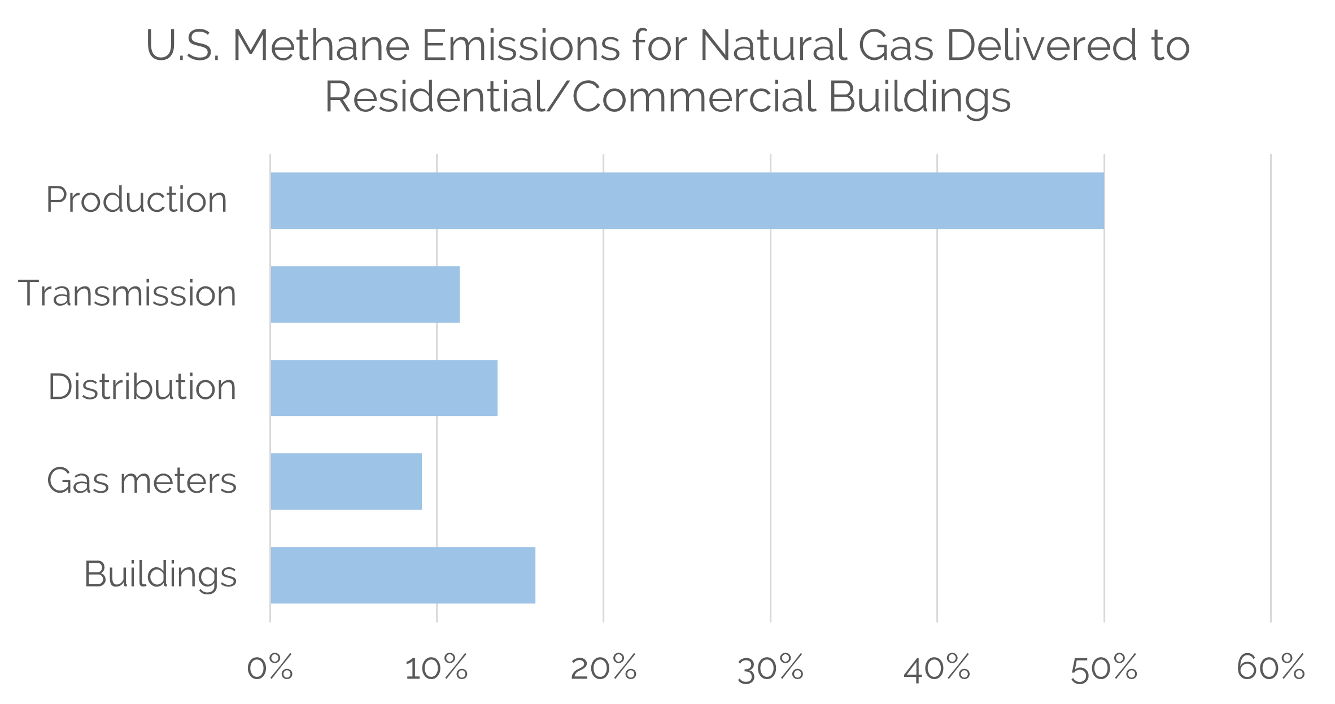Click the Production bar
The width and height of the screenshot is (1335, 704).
pos(687,201)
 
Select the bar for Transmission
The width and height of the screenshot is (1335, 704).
pos(365,294)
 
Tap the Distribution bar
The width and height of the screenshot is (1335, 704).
pos(384,388)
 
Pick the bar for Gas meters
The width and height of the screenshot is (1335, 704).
pos(346,481)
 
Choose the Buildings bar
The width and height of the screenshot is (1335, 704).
pos(403,575)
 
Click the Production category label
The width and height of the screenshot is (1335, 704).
pos(136,200)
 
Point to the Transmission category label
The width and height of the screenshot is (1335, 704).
pos(128,294)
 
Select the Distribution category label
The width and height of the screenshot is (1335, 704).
pos(142,388)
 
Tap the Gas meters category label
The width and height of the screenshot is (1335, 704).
pos(141,481)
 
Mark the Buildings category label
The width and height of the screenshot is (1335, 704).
pos(160,575)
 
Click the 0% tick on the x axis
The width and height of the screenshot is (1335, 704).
pos(270,668)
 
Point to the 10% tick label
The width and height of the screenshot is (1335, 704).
pos(437,668)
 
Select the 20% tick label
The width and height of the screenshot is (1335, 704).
pos(604,668)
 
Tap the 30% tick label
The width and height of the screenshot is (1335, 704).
pos(771,668)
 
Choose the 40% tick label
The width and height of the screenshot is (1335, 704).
pos(937,668)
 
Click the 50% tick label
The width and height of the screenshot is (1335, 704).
pos(1104,668)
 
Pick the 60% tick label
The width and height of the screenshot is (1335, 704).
pos(1271,668)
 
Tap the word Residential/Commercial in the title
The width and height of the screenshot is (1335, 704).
pos(570,97)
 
